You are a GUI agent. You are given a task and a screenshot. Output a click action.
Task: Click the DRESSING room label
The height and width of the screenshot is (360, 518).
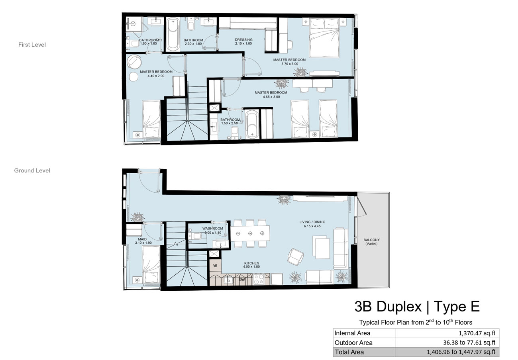243,40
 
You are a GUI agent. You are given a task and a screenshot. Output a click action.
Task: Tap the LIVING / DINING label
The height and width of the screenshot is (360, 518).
312,222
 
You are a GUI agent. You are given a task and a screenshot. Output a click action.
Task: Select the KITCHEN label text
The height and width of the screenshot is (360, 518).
251,263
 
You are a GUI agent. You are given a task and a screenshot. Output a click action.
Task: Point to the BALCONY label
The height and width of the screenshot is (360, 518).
371,240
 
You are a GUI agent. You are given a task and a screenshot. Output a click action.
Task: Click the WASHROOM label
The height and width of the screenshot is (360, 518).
213,229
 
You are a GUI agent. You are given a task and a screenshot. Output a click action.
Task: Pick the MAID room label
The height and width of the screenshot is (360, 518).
143,239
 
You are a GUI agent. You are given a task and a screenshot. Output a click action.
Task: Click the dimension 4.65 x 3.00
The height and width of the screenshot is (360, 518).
271,97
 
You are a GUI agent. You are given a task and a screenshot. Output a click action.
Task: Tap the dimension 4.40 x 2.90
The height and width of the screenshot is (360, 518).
156,76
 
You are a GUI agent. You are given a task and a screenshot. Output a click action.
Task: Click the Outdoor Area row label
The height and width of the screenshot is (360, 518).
353,342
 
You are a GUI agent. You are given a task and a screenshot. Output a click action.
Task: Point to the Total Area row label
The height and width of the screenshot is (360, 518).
349,352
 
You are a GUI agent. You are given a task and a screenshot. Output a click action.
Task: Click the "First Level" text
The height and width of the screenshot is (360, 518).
32,45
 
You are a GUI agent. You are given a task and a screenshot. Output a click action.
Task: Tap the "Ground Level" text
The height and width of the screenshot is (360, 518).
32,170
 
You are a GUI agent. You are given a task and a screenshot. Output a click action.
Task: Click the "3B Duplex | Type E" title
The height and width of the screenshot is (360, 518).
417,307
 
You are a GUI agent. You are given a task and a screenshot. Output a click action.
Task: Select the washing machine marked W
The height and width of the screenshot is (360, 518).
215,266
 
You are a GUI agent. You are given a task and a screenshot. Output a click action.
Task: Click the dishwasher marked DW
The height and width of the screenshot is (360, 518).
241,280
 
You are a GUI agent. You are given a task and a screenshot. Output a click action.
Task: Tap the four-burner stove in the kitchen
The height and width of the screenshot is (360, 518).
259,279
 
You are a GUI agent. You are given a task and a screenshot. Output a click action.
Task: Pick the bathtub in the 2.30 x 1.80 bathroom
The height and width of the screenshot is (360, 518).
173,34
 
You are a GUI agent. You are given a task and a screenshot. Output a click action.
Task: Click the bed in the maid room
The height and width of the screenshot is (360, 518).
151,264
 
